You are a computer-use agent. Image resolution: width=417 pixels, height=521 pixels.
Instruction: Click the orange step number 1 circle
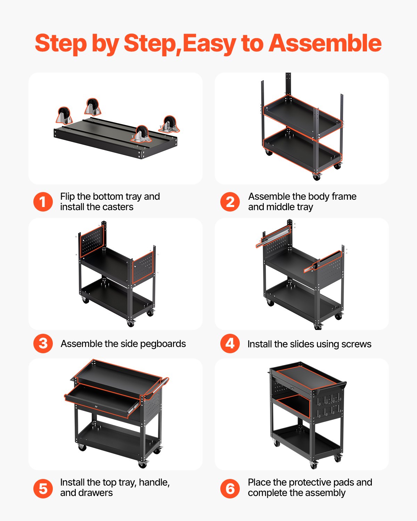pyautogui.click(x=43, y=202)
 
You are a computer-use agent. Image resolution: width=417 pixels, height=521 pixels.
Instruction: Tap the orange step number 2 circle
pyautogui.click(x=230, y=202)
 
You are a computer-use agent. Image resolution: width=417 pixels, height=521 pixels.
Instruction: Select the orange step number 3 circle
pyautogui.click(x=43, y=344)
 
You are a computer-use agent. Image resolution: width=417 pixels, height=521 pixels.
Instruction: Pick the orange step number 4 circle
pyautogui.click(x=230, y=344)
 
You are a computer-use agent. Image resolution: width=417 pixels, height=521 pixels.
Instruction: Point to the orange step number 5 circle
pyautogui.click(x=43, y=489)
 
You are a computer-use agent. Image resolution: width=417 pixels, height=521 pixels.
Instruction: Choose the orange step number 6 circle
pyautogui.click(x=230, y=489)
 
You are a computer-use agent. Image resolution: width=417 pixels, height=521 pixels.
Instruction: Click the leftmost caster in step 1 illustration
pyautogui.click(x=64, y=116)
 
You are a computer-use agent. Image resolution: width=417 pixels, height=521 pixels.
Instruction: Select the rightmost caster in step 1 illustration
pyautogui.click(x=169, y=124)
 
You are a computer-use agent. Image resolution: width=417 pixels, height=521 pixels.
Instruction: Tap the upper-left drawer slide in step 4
pyautogui.click(x=273, y=236)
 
